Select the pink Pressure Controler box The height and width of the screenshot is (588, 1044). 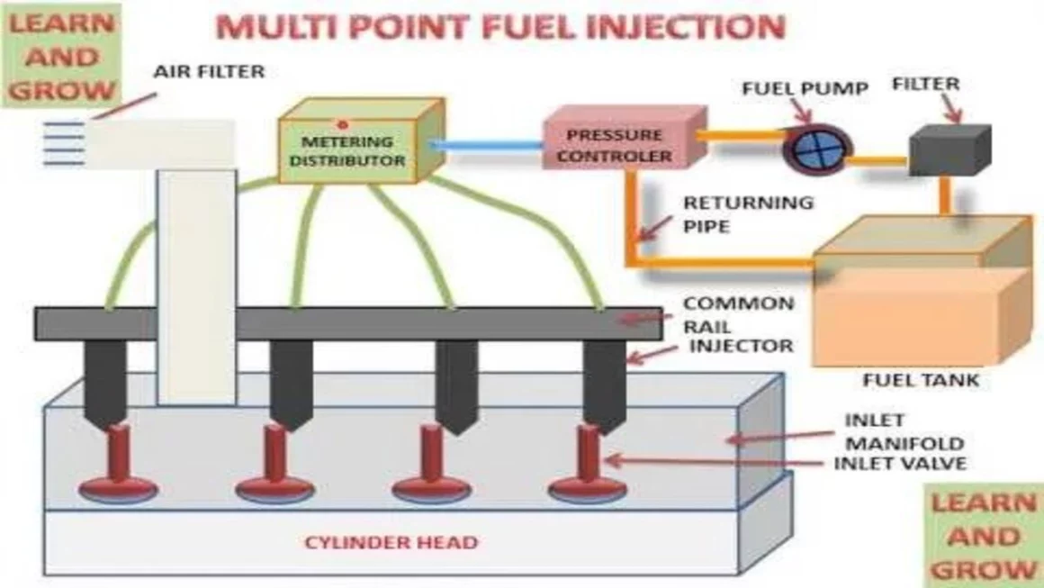pos(617,145)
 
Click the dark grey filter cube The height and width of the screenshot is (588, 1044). pos(947,150)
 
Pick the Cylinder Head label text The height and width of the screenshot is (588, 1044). pos(391,543)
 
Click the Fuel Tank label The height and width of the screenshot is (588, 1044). pos(920,380)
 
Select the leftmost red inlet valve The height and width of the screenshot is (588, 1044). pos(118,468)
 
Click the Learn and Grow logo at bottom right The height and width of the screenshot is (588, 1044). pos(984,535)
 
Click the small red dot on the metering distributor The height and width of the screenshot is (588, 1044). pos(342,123)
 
